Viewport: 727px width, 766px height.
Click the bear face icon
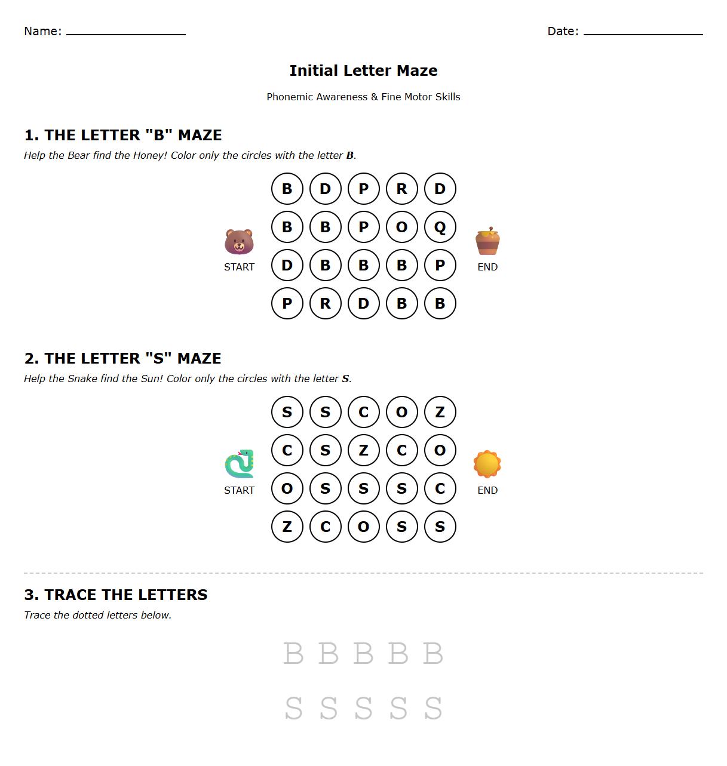click(239, 242)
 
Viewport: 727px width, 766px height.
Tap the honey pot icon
click(487, 241)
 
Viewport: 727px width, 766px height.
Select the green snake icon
click(239, 464)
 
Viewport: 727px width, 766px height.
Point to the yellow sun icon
click(487, 464)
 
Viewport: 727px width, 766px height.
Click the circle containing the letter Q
click(440, 227)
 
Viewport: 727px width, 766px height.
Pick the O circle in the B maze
click(401, 227)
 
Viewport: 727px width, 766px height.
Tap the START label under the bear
click(239, 267)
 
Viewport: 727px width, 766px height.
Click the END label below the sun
click(487, 490)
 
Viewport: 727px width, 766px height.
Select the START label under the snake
click(239, 490)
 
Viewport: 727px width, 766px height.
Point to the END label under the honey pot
click(487, 267)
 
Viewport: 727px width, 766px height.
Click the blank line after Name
click(125, 33)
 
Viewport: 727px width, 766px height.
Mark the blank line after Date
click(643, 33)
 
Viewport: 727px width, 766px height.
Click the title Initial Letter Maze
click(363, 70)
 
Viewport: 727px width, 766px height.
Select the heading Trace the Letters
click(116, 595)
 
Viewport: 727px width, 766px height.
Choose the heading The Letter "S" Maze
click(122, 358)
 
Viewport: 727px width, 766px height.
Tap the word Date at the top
click(562, 31)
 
